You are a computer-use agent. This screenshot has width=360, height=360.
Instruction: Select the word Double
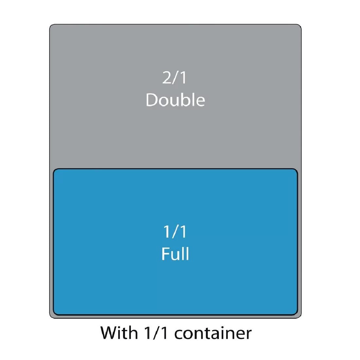pyautogui.click(x=175, y=100)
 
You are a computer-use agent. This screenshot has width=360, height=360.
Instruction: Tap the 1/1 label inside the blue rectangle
pyautogui.click(x=175, y=232)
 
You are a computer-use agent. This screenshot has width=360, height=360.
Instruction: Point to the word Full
pyautogui.click(x=175, y=254)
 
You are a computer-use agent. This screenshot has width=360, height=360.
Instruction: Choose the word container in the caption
pyautogui.click(x=213, y=333)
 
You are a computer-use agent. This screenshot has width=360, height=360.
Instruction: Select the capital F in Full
pyautogui.click(x=166, y=254)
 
